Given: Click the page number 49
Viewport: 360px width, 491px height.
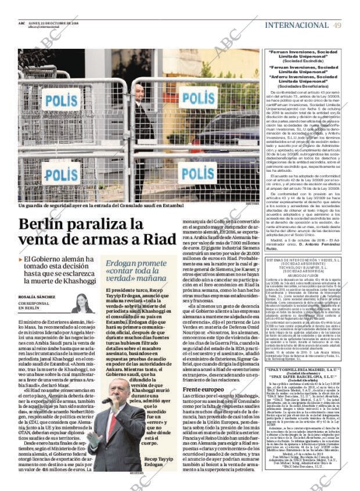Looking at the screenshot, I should click(337, 25).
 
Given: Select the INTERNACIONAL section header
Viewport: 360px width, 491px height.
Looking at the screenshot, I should click(296, 25).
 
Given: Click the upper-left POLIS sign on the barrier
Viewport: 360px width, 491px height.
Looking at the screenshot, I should click(61, 100).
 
